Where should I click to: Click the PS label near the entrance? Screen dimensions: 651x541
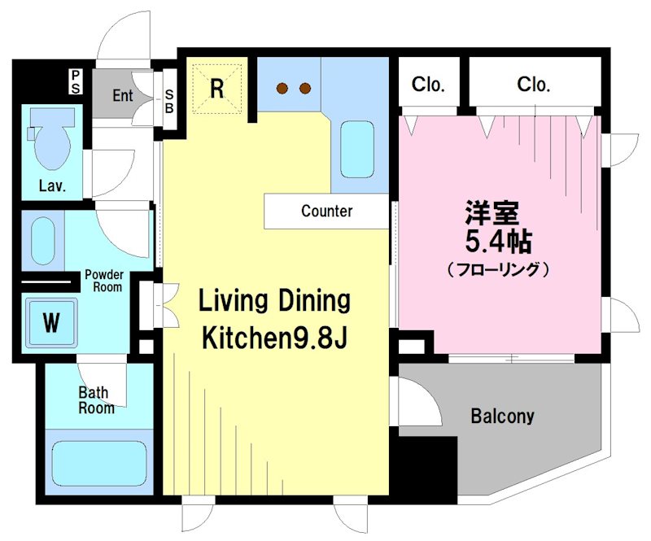76,82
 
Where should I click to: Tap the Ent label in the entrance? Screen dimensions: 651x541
123,95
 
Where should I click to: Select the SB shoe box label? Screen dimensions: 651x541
169,102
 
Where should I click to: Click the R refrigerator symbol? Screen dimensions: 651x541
217,89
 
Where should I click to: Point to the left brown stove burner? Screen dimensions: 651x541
282,88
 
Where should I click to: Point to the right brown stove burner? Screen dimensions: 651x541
305,88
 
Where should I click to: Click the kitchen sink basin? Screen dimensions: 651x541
356,150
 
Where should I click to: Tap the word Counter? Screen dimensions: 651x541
327,211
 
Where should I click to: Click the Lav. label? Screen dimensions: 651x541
52,185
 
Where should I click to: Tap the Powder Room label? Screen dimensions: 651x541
104,281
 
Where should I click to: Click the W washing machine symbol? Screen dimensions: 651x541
51,323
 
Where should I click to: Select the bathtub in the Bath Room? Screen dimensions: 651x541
99,464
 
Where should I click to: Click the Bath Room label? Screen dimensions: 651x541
96,400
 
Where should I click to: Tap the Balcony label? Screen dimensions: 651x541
502,416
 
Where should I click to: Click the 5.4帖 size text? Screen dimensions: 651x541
499,242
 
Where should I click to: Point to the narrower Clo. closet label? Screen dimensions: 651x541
428,85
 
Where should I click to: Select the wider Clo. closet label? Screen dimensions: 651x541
534,85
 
